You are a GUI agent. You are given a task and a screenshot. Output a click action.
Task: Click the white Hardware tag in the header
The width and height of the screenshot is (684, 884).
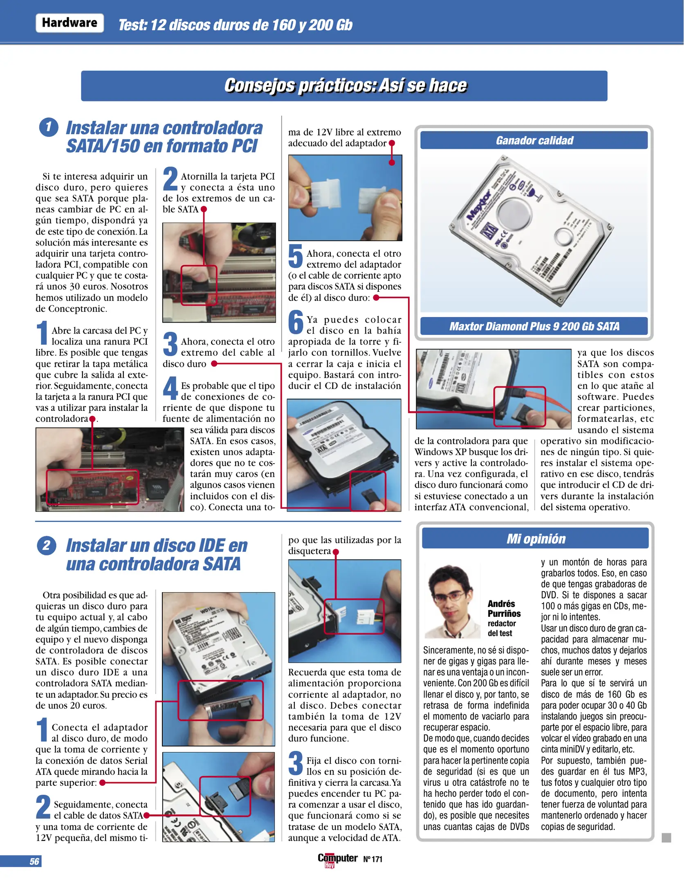point(70,23)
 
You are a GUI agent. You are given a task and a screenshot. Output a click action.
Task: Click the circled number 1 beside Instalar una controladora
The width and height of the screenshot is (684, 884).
point(48,127)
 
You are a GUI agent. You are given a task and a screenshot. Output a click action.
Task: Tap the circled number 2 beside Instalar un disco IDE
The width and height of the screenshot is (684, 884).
point(46,546)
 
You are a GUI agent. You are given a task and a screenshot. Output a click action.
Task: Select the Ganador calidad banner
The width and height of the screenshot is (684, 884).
point(534,140)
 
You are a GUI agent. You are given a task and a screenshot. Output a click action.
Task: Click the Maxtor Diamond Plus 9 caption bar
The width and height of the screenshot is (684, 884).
point(534,326)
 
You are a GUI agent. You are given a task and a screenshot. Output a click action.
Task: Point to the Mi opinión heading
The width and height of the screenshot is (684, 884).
point(535,539)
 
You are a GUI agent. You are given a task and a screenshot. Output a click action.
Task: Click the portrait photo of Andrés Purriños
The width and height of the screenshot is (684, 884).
point(452,601)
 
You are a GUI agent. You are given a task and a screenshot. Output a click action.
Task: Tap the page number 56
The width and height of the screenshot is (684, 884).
point(34,861)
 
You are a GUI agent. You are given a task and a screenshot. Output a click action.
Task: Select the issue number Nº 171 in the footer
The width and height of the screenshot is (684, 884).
point(372,859)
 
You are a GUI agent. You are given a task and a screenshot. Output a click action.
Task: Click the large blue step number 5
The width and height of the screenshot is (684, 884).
point(295,256)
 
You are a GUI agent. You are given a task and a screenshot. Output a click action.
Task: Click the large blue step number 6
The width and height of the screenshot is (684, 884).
point(296,322)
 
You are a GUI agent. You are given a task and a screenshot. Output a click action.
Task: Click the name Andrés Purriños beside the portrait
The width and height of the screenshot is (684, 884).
point(504,609)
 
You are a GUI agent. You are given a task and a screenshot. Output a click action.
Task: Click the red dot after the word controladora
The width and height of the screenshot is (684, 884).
point(92,419)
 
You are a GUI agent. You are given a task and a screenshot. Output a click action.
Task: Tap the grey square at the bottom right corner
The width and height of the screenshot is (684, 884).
point(666,838)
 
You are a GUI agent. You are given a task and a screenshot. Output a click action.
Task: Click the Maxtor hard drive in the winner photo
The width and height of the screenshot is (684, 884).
point(532,231)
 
